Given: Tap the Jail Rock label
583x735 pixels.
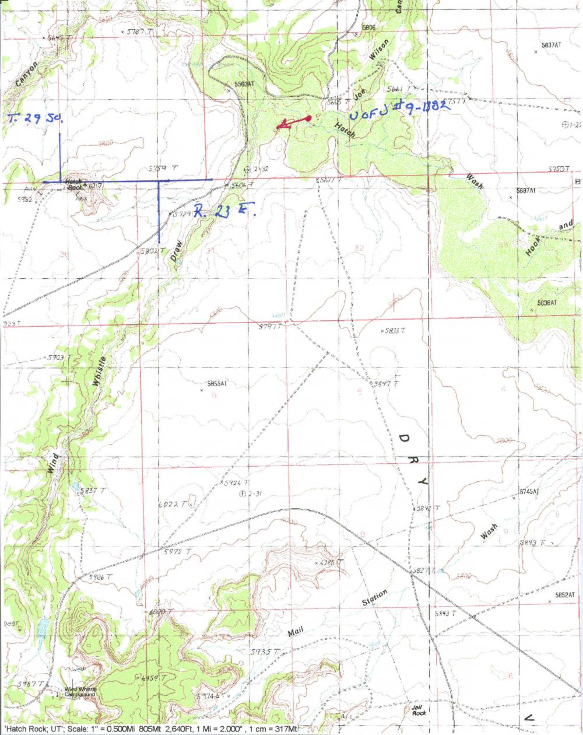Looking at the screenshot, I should point(417,709).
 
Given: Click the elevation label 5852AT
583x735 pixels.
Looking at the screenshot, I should point(564,595).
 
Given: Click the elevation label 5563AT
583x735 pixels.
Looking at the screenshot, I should point(244,85).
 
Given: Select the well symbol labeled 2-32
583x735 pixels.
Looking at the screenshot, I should point(247,169).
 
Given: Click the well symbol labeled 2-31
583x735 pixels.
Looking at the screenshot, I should point(243,494).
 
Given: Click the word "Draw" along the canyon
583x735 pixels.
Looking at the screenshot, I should point(178,249).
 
